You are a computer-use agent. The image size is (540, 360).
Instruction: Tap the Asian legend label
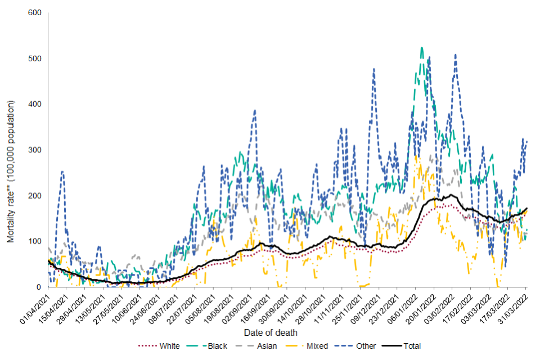267,346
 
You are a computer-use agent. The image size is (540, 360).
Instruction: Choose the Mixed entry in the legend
317,346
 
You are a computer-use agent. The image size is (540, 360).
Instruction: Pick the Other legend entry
366,346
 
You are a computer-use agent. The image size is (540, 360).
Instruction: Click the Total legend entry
411,346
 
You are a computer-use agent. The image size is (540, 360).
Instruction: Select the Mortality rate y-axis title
11,172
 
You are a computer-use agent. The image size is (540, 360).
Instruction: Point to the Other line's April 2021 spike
62,172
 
